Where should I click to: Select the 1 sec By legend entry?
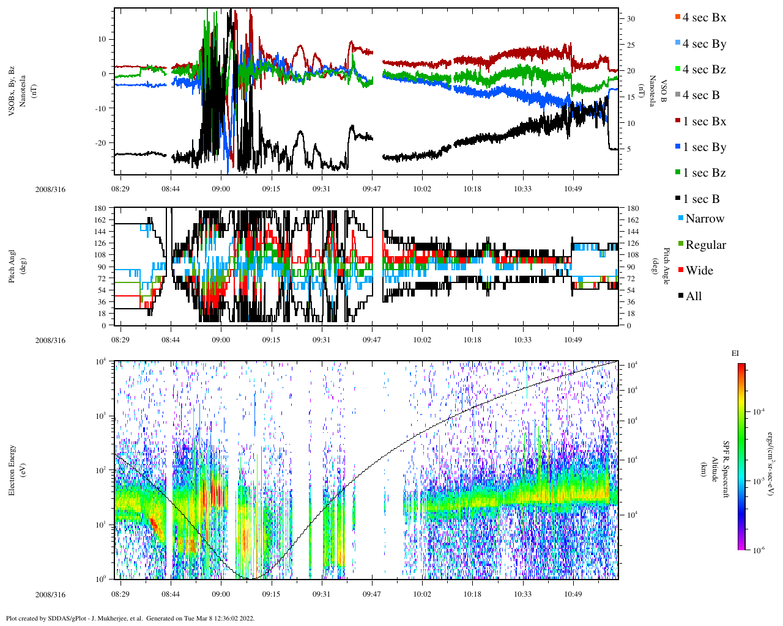tap(704, 147)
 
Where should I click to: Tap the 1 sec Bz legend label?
tap(704, 173)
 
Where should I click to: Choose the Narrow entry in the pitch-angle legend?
tap(704, 219)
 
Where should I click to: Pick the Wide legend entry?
tap(699, 271)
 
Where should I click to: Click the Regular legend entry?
tap(705, 245)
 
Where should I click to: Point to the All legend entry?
tap(693, 296)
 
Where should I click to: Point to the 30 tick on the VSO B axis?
tap(631, 19)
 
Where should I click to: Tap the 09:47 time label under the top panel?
tap(372, 189)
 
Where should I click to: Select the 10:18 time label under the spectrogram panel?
tap(472, 594)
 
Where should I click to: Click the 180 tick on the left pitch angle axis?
tap(100, 208)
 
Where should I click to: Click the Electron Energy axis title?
tap(13, 469)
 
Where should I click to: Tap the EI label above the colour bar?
tap(735, 353)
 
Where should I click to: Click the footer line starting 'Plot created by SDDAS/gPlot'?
tap(130, 618)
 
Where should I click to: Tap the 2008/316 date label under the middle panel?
tap(50, 341)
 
